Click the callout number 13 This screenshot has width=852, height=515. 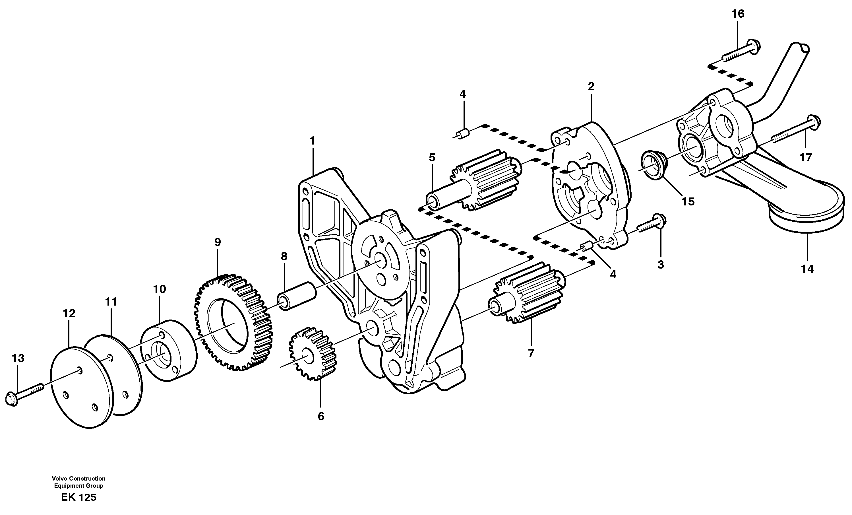[18, 358]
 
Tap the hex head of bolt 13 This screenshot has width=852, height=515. [12, 399]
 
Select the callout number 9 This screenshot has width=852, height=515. [217, 242]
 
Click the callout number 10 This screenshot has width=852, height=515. [160, 289]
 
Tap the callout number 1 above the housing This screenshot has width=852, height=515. [313, 141]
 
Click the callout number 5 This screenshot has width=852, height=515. [432, 158]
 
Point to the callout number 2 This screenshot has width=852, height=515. [591, 86]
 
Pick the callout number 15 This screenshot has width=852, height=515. [688, 201]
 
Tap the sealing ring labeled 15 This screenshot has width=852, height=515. [652, 167]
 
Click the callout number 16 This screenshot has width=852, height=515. [738, 14]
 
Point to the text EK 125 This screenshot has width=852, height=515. [78, 497]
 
